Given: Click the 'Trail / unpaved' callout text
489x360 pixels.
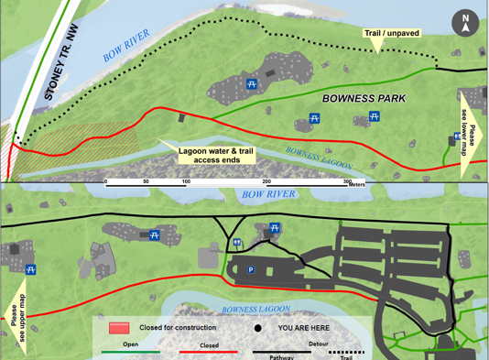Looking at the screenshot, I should (x=391, y=34).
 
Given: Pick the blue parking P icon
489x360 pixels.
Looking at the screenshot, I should (x=250, y=270).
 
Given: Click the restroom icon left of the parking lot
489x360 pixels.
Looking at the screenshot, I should (x=237, y=243).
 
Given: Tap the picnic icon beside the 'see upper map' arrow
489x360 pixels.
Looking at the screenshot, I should (x=31, y=270).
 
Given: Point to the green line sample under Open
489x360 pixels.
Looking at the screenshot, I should (x=130, y=352).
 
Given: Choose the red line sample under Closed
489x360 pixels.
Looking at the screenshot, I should (x=208, y=352).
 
